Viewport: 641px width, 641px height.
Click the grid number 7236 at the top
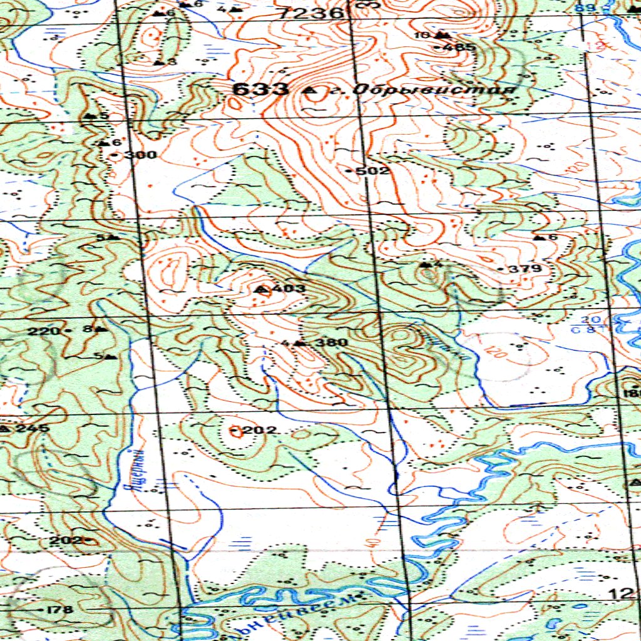312,13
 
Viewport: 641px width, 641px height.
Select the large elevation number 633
260,90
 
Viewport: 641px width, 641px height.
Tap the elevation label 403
289,289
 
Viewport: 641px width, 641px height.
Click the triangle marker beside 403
262,289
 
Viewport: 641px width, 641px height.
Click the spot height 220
43,331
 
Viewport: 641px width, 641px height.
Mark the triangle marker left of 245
5,429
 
